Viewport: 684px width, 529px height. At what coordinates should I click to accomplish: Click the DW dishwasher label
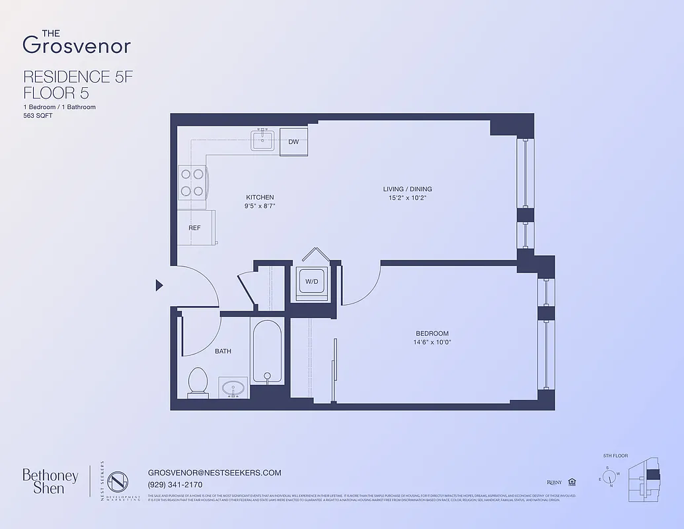pyautogui.click(x=293, y=142)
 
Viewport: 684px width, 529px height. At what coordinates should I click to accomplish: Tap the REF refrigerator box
pyautogui.click(x=196, y=228)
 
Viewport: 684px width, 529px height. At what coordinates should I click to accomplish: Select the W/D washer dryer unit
pyautogui.click(x=311, y=282)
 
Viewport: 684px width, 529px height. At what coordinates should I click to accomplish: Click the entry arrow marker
pyautogui.click(x=159, y=285)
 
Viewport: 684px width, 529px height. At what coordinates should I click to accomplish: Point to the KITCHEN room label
pyautogui.click(x=260, y=197)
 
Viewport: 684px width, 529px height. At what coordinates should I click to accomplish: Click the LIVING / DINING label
pyautogui.click(x=407, y=189)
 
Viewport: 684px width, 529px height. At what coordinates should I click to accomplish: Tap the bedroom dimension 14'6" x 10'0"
pyautogui.click(x=432, y=343)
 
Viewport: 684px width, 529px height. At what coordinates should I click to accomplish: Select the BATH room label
pyautogui.click(x=223, y=351)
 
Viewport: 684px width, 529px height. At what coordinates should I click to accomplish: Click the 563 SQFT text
pyautogui.click(x=38, y=115)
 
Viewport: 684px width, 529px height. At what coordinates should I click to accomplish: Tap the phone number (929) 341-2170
pyautogui.click(x=175, y=485)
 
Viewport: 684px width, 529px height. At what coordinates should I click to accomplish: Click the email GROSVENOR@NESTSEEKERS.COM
pyautogui.click(x=215, y=473)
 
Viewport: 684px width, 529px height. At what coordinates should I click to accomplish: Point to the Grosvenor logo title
pyautogui.click(x=76, y=42)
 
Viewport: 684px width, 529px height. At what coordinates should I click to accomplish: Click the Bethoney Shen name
pyautogui.click(x=50, y=481)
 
